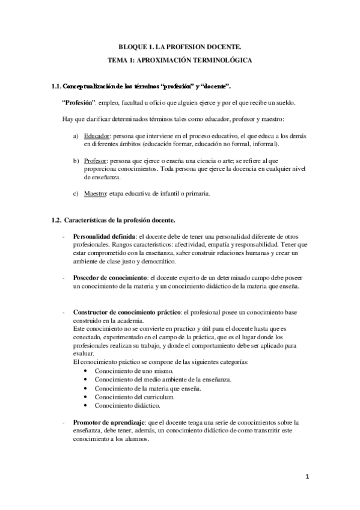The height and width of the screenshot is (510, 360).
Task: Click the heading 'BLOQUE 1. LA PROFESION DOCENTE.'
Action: [180, 47]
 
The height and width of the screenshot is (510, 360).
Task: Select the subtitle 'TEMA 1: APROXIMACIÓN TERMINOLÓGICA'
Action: [180, 61]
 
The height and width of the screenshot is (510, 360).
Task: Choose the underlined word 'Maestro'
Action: [95, 194]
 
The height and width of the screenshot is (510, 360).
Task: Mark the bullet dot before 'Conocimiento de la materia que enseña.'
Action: [88, 389]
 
